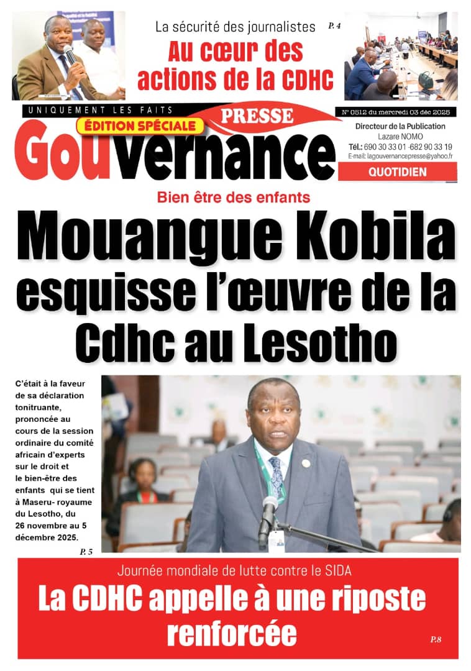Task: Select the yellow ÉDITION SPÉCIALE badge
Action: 140,126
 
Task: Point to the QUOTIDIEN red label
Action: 398,172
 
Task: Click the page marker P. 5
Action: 86,550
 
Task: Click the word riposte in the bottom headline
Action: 372,599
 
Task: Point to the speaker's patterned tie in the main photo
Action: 276,478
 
